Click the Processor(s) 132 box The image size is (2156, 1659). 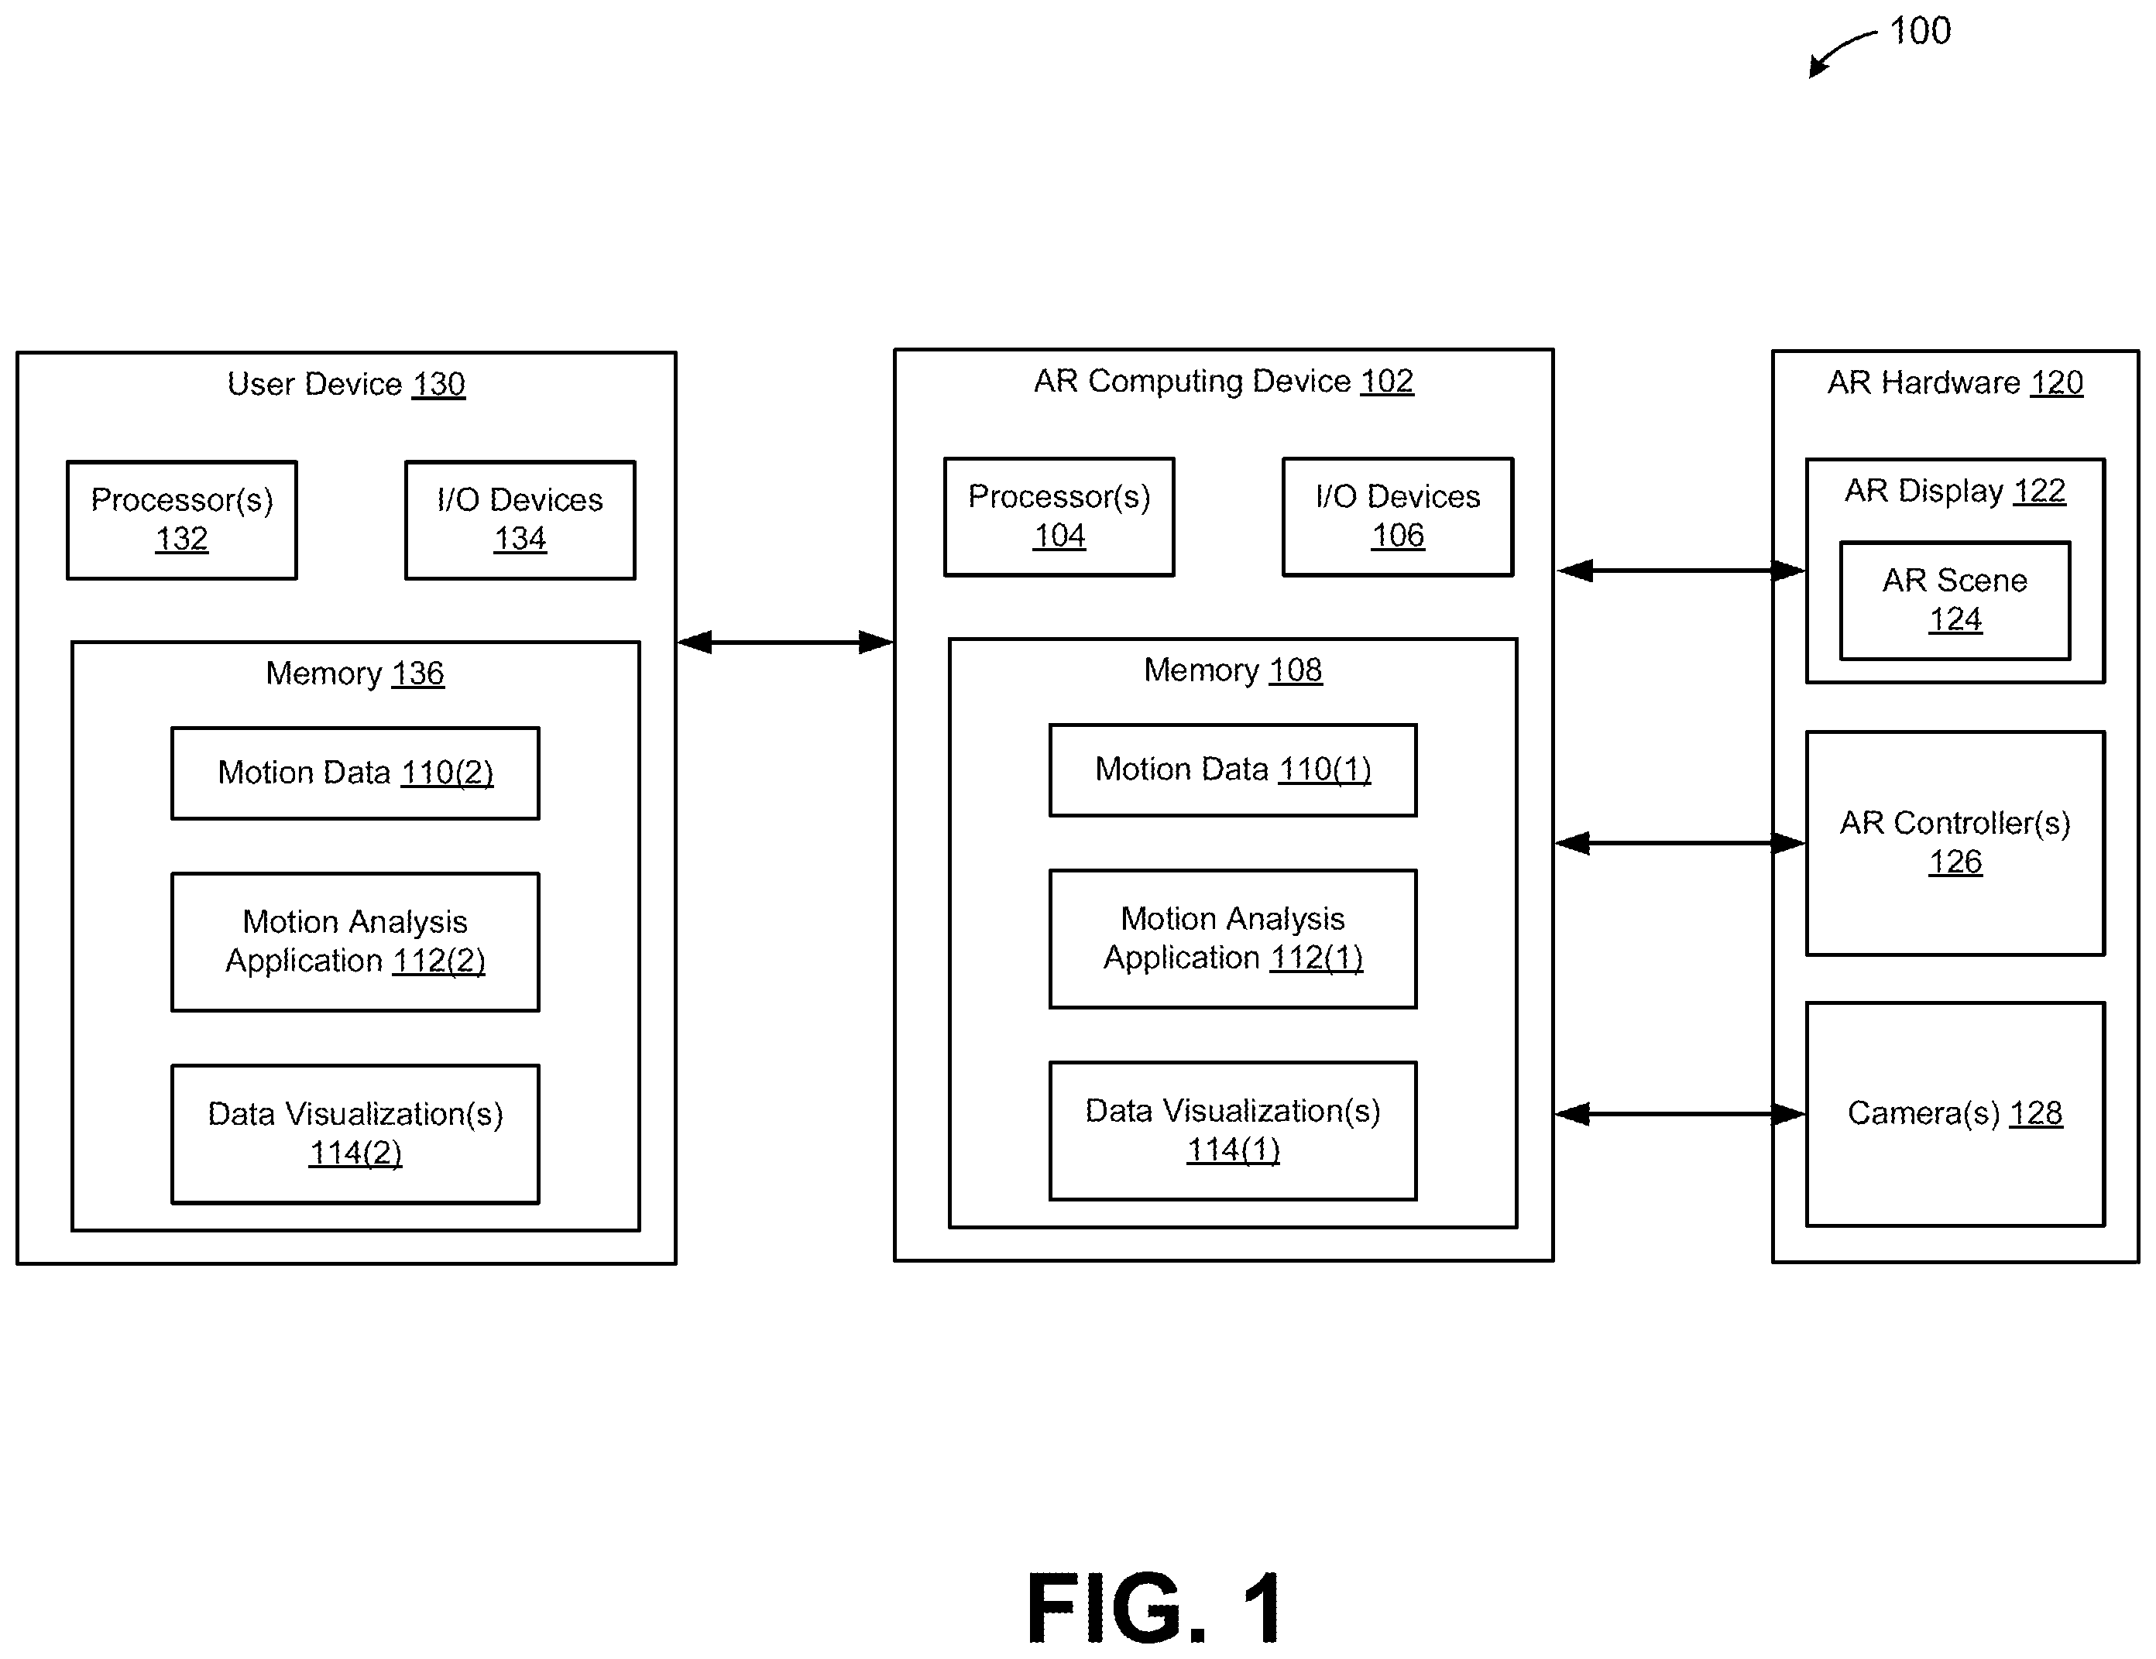pyautogui.click(x=182, y=520)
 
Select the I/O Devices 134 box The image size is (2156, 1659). pyautogui.click(x=520, y=520)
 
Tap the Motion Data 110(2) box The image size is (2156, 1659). pyautogui.click(x=355, y=773)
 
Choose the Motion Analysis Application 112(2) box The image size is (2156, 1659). pyautogui.click(x=355, y=942)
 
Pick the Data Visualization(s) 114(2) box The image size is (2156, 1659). pyautogui.click(x=355, y=1134)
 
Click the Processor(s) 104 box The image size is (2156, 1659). pyautogui.click(x=1059, y=517)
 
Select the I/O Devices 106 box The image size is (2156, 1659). pyautogui.click(x=1398, y=517)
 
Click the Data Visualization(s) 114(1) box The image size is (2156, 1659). pyautogui.click(x=1233, y=1131)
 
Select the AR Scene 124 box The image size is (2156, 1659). pyautogui.click(x=1955, y=601)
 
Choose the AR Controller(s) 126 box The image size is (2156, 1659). pyautogui.click(x=1955, y=844)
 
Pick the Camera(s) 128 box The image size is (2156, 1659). pyautogui.click(x=1955, y=1114)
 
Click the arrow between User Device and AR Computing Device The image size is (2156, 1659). pyautogui.click(x=786, y=643)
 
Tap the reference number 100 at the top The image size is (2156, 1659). pyautogui.click(x=1920, y=31)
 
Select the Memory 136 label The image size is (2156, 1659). pyautogui.click(x=355, y=673)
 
